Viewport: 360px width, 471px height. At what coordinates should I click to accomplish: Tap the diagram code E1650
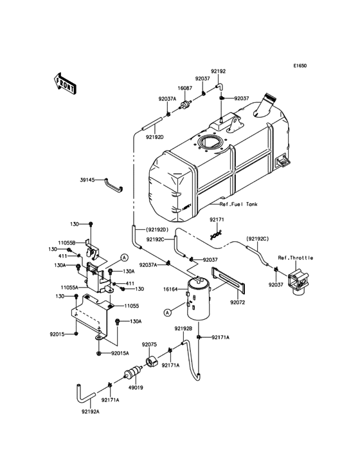300,66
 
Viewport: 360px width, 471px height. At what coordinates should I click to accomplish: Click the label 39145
88,181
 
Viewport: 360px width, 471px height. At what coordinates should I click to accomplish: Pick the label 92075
149,344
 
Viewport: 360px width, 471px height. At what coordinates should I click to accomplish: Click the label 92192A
91,412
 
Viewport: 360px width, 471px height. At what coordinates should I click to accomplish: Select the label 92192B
183,328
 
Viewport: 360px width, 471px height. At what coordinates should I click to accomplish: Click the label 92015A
120,353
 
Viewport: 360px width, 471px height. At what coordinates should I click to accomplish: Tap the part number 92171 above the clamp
217,220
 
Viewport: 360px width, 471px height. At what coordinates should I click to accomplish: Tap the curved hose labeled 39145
114,186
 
